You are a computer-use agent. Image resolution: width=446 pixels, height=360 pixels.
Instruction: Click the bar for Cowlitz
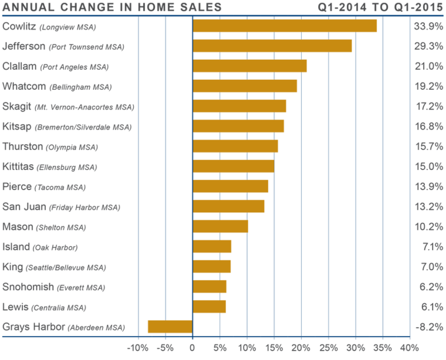coord(285,26)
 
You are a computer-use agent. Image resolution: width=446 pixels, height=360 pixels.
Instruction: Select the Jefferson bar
coord(272,46)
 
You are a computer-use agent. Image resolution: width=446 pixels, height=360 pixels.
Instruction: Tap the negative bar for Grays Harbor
coord(170,327)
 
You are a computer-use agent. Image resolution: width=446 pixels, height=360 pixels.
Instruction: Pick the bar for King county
coord(212,267)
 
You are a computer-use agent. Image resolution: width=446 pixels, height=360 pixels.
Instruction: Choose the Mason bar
coord(221,226)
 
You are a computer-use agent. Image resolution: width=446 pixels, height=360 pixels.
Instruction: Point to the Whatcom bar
coord(245,86)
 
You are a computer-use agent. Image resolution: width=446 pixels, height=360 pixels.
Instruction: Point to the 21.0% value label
coord(428,66)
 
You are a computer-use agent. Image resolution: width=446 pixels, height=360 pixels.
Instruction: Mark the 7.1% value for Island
coord(431,247)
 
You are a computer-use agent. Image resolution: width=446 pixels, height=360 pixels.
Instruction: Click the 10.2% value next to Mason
coord(428,227)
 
